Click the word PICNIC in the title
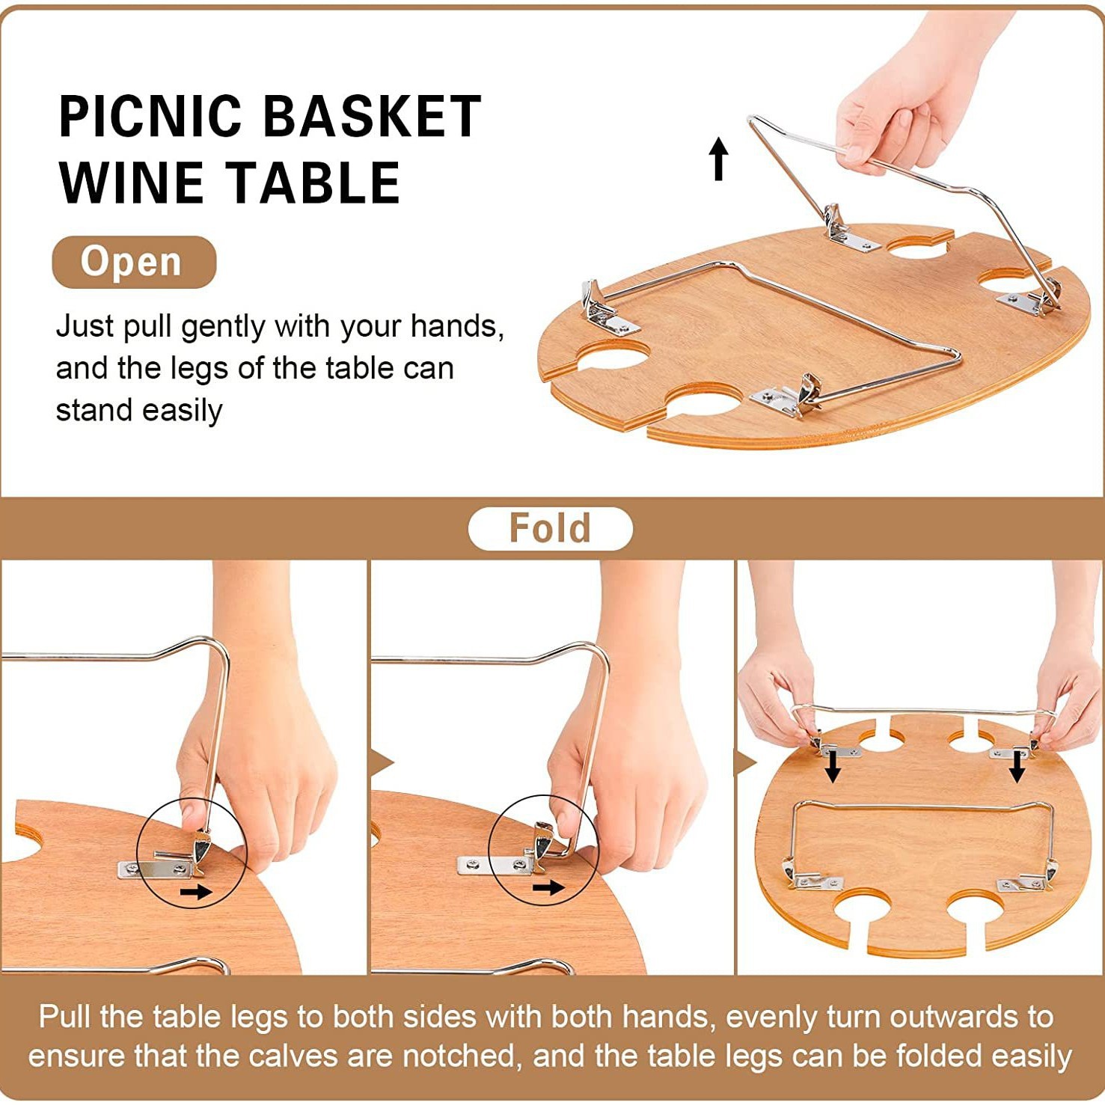pos(150,117)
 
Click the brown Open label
pos(134,262)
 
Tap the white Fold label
pos(550,528)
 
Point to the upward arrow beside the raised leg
pos(718,159)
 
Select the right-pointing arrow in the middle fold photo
pos(548,887)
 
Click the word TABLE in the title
pos(313,183)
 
